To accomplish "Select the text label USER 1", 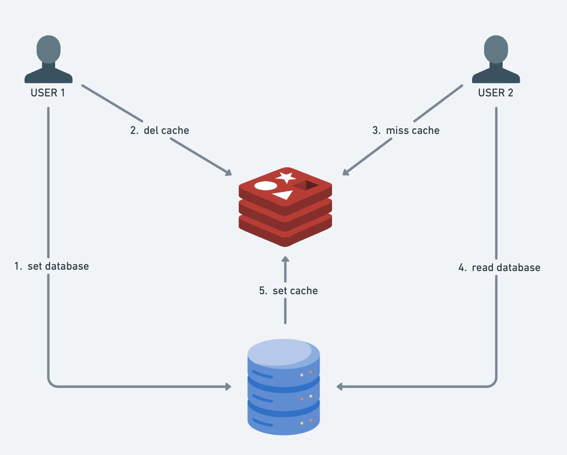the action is pyautogui.click(x=48, y=93).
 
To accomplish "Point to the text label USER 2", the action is pyautogui.click(x=496, y=93).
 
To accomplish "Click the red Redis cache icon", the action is pyautogui.click(x=285, y=207).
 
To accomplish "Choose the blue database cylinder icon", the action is pyautogui.click(x=284, y=387).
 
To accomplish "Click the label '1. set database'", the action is pyautogui.click(x=51, y=266).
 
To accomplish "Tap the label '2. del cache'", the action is pyautogui.click(x=160, y=131).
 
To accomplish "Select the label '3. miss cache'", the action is pyautogui.click(x=406, y=131).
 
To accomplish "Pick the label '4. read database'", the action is pyautogui.click(x=499, y=267).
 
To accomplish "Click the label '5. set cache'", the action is pyautogui.click(x=289, y=291).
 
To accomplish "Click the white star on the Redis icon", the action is pyautogui.click(x=286, y=177).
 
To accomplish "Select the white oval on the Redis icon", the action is pyautogui.click(x=265, y=186).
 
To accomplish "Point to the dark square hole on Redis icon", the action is pyautogui.click(x=306, y=185).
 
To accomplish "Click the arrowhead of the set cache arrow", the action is pyautogui.click(x=285, y=259).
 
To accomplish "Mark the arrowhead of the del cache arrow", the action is pyautogui.click(x=228, y=172).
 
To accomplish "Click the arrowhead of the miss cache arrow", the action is pyautogui.click(x=346, y=172).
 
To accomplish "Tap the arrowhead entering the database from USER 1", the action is pyautogui.click(x=228, y=387).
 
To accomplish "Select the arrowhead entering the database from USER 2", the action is pyautogui.click(x=340, y=387).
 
